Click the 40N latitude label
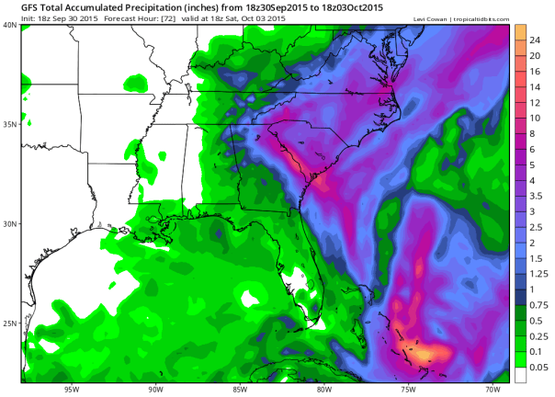(x=10, y=25)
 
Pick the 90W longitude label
(x=156, y=388)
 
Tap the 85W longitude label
(x=241, y=388)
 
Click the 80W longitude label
(x=324, y=388)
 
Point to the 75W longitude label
(x=408, y=388)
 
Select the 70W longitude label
(x=492, y=388)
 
